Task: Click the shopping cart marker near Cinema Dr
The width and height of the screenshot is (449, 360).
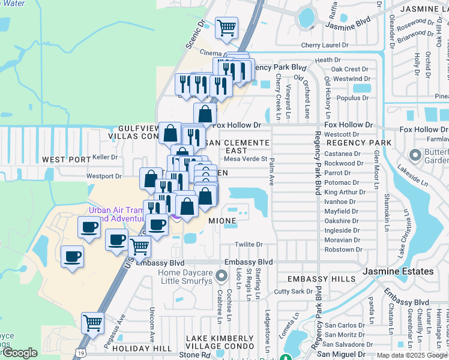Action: (226, 28)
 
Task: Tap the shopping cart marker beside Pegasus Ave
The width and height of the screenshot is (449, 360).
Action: (92, 323)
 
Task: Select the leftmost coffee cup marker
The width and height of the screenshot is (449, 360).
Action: (72, 257)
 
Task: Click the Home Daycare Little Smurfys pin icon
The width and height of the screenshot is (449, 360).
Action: (222, 277)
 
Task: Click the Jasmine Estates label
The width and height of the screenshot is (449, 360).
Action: (398, 272)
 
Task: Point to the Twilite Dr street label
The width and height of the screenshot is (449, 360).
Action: (249, 244)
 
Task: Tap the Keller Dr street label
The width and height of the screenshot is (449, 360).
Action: (105, 157)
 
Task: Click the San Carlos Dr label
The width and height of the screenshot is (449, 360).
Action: (345, 325)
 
